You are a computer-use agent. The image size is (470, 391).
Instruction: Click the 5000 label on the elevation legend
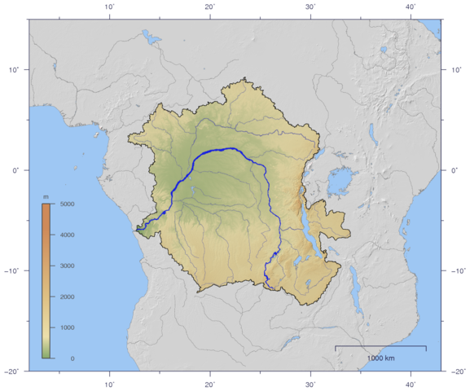[68, 204]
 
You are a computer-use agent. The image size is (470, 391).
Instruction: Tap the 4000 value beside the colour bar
[68, 235]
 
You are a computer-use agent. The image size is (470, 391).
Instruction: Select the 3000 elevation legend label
[68, 266]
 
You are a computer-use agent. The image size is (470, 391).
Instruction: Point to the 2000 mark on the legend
[68, 297]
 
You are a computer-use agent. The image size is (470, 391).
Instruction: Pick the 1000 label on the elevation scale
[68, 327]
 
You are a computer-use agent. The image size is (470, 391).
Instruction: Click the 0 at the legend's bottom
[72, 358]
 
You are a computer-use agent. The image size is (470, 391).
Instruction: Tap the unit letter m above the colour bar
[46, 197]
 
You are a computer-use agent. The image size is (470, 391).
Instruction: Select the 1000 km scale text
[380, 358]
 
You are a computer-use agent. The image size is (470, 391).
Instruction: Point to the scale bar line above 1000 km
[380, 347]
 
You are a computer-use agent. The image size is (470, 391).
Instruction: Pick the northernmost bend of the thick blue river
[232, 149]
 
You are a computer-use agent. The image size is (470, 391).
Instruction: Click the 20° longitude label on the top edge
[210, 6]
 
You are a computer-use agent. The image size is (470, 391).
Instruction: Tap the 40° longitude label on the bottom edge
[411, 384]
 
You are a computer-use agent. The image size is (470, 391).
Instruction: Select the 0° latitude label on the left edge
[14, 170]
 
